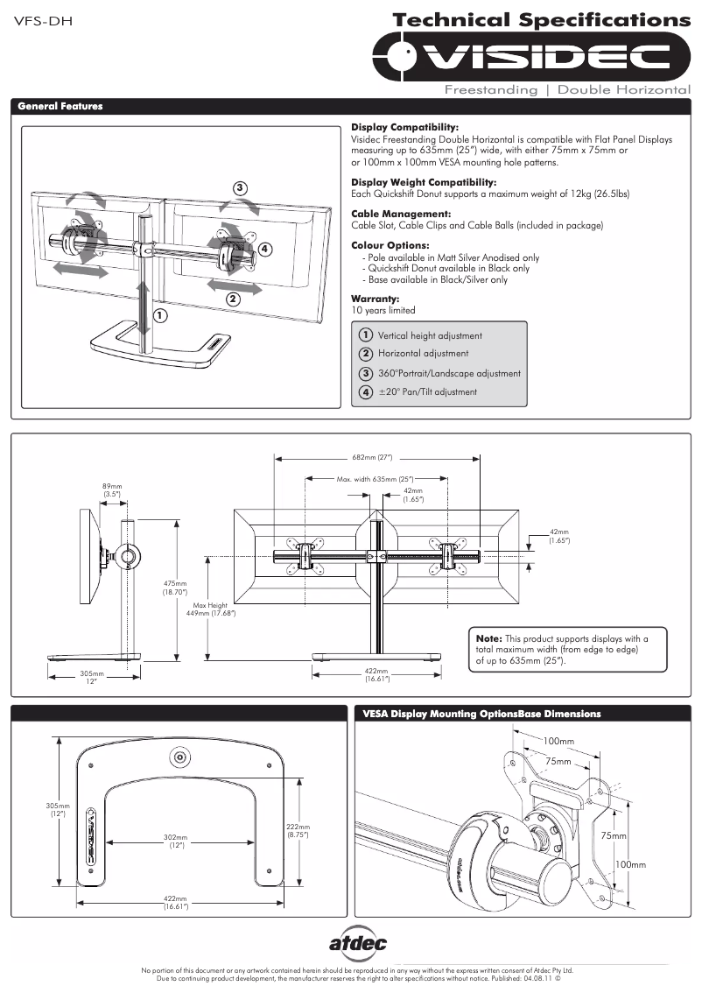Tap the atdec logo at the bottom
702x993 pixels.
point(357,943)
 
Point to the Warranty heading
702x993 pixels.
point(375,299)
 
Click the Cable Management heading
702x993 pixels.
point(401,214)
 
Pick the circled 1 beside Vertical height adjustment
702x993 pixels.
point(366,335)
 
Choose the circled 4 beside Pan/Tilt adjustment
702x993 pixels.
point(366,391)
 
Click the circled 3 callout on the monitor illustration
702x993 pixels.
point(240,187)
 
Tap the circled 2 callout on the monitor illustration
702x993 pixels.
point(233,299)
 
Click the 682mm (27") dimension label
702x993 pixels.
point(377,457)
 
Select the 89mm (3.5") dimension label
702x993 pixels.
point(112,490)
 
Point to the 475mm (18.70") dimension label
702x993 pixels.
point(175,588)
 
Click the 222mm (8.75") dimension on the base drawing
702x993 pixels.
point(298,830)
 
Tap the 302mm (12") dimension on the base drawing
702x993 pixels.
point(176,842)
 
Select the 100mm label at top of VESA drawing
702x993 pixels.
point(558,742)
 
